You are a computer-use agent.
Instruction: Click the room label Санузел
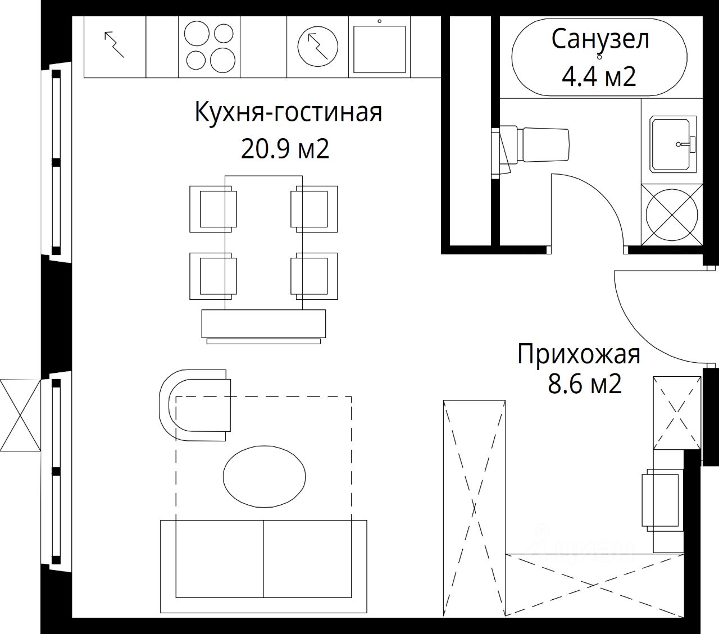pyautogui.click(x=599, y=39)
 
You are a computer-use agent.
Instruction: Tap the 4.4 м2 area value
pyautogui.click(x=599, y=76)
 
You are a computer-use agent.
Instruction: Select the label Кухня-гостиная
pyautogui.click(x=288, y=112)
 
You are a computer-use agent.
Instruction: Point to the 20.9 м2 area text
pyautogui.click(x=285, y=149)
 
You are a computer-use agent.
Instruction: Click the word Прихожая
pyautogui.click(x=579, y=355)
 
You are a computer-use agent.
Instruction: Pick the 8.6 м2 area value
pyautogui.click(x=584, y=385)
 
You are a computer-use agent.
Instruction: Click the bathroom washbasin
pyautogui.click(x=672, y=144)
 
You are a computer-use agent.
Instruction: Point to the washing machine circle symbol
pyautogui.click(x=672, y=216)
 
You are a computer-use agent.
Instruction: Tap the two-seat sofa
pyautogui.click(x=263, y=566)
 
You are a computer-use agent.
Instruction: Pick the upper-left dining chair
pyautogui.click(x=213, y=208)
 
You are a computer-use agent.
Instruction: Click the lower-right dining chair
pyautogui.click(x=315, y=276)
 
